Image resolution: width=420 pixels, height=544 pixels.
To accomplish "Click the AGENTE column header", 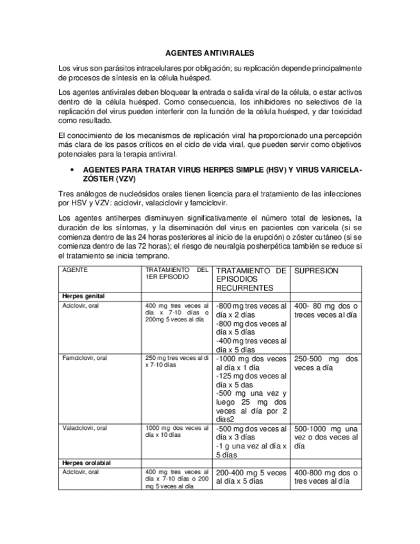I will point(74,271).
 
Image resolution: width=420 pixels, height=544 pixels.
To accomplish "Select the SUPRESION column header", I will point(316,271).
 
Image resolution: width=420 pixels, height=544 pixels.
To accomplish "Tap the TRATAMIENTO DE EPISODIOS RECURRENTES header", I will point(251,280).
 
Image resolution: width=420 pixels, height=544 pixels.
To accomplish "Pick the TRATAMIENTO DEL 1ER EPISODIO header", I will point(177,274).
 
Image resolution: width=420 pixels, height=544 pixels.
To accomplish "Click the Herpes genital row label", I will point(83,296).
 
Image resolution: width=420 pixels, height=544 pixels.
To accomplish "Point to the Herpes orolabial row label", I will point(87,463).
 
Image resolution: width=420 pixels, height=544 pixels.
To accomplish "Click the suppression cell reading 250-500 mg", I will point(325,364).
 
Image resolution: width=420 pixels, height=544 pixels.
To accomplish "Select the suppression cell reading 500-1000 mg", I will point(325,437).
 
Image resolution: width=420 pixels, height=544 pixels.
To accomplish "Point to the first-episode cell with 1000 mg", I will point(177,431).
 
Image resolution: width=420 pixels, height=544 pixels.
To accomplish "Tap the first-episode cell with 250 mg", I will point(177,361).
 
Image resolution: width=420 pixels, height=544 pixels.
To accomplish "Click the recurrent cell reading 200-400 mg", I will point(251,477).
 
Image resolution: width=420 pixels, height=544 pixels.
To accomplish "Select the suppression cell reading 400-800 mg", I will point(325,477).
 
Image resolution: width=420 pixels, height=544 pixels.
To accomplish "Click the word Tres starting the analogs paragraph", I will point(65,194).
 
